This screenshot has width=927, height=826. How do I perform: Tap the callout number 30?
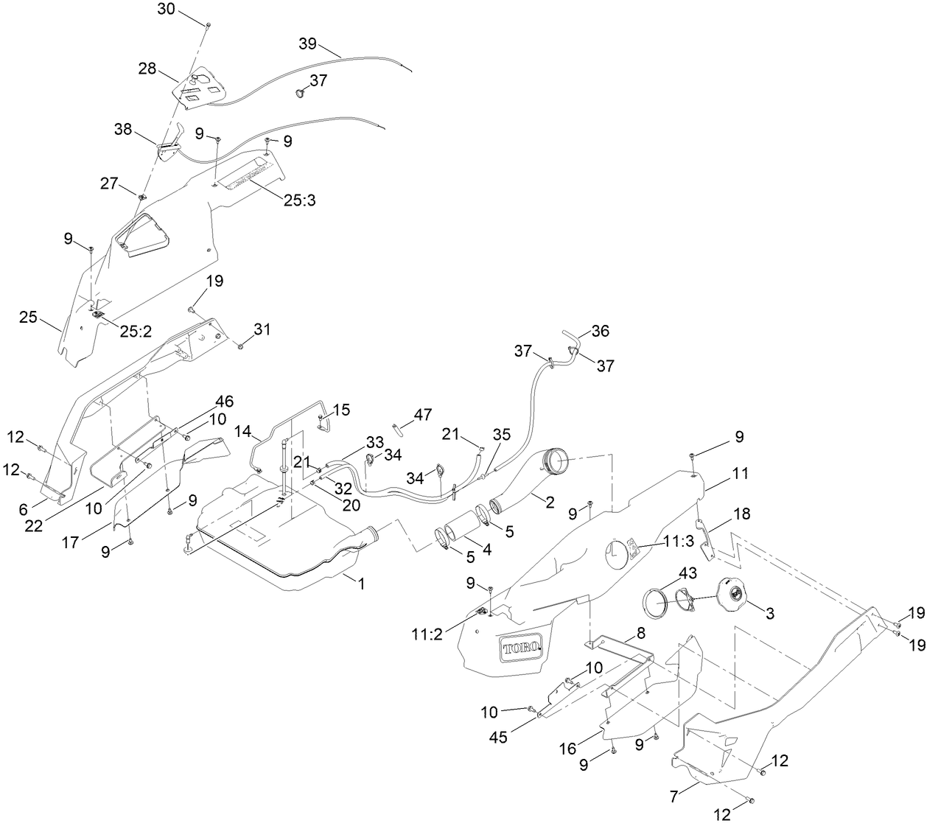[167, 9]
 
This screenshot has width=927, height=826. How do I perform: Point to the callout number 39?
[308, 43]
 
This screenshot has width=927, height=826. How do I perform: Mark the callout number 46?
[225, 402]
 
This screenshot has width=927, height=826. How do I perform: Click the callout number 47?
[423, 415]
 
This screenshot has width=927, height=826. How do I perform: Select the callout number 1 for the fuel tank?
[361, 582]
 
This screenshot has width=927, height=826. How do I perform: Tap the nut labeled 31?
[241, 345]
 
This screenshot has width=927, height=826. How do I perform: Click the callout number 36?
[600, 332]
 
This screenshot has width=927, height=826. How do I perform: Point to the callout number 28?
[147, 69]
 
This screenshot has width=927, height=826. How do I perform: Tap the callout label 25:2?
[136, 332]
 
